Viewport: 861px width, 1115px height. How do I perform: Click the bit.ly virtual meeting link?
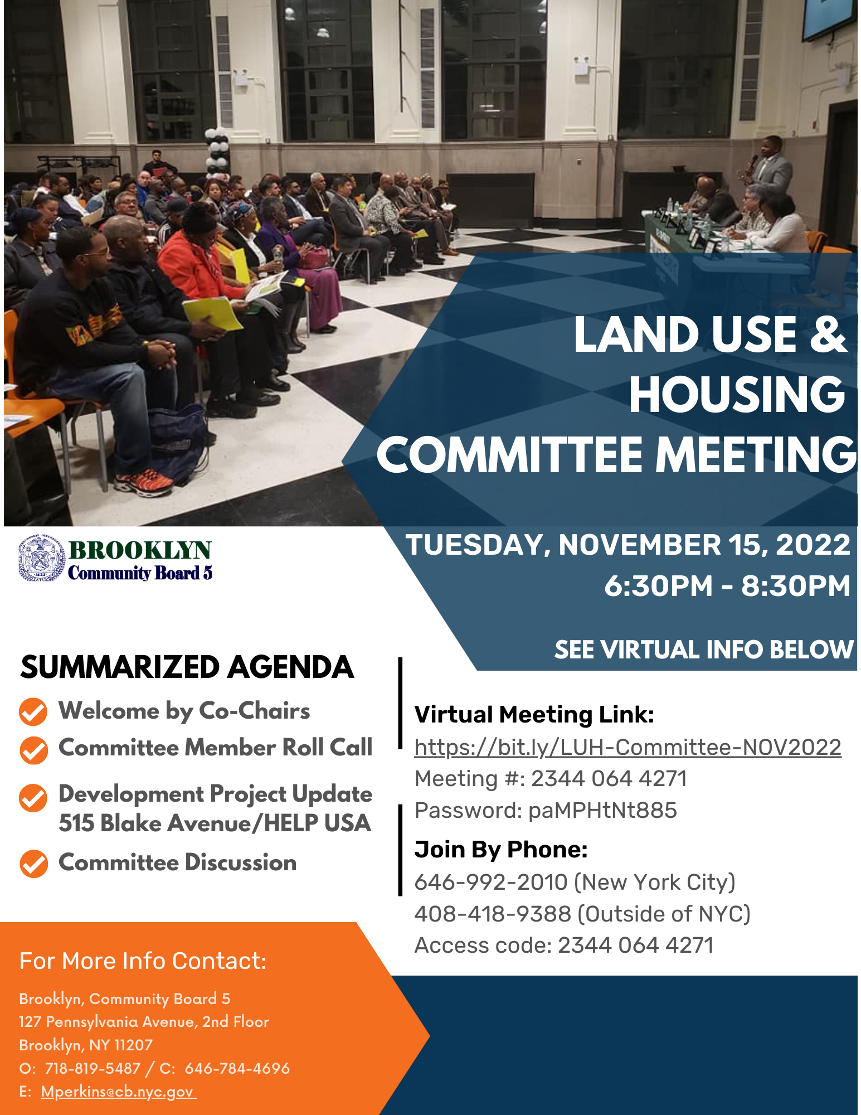pos(627,747)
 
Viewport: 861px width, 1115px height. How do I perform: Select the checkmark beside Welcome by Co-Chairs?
pos(33,712)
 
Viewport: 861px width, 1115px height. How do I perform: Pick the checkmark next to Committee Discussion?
pos(33,864)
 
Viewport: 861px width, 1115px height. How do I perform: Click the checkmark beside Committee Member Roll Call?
pos(33,750)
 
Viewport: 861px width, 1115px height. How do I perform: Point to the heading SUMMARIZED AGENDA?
pos(187,667)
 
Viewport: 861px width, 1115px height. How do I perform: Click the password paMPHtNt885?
pos(602,810)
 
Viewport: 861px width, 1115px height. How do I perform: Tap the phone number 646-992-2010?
pos(491,883)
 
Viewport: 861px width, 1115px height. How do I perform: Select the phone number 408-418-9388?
pos(493,914)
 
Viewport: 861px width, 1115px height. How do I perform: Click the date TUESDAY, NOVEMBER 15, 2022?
pos(628,545)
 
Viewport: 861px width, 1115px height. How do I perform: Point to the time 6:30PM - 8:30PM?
pos(727,586)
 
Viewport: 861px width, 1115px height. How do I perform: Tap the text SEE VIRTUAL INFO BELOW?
pos(704,650)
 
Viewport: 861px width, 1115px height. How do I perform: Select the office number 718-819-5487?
pos(93,1068)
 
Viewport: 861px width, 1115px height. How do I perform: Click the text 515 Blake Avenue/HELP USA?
pos(215,823)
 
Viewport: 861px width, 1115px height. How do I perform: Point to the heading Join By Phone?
pos(501,850)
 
